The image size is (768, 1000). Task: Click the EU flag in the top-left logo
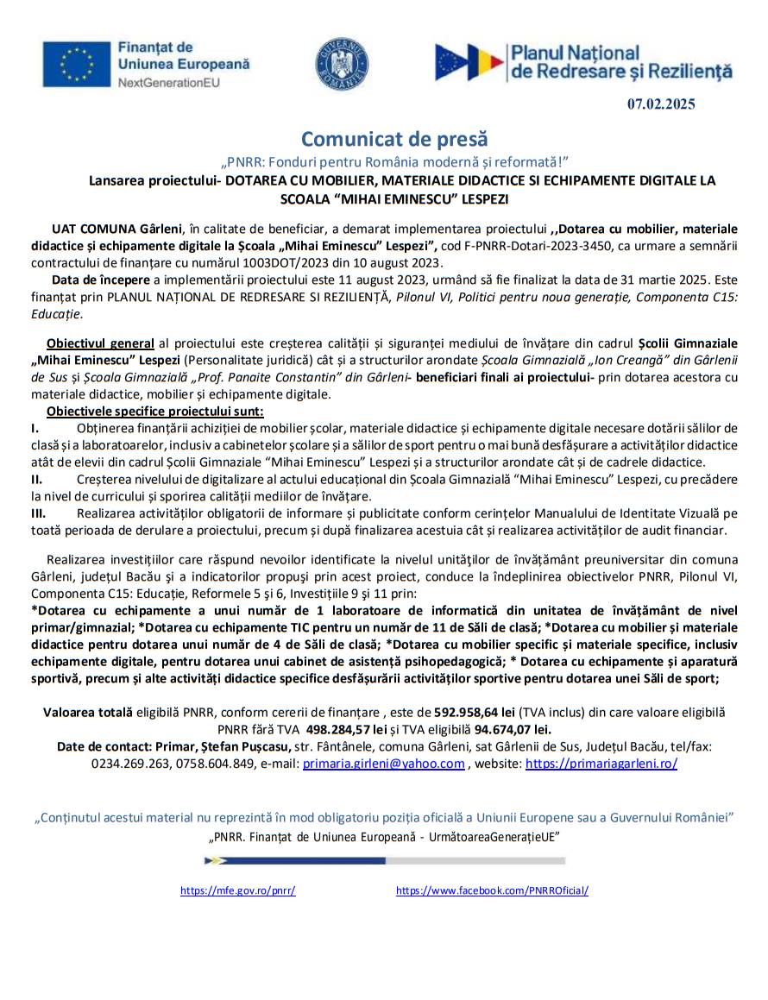[78, 64]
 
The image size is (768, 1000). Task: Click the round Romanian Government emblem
[342, 63]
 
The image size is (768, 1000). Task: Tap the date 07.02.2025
[661, 104]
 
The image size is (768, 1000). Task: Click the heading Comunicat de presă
[394, 139]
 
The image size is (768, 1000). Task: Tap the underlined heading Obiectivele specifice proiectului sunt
[155, 411]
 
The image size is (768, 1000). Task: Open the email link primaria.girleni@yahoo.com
[383, 764]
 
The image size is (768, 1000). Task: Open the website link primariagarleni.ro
[601, 764]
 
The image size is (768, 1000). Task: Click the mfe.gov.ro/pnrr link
[238, 890]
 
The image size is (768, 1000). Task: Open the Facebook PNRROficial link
[492, 890]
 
